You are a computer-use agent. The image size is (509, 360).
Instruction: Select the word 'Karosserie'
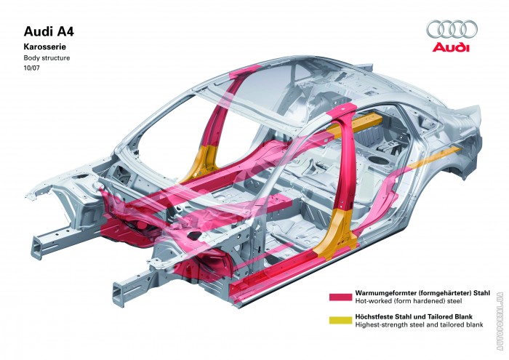coord(46,46)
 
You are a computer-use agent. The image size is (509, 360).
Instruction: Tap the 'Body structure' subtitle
coord(47,57)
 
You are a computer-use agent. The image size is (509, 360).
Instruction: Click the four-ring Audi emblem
coord(452,29)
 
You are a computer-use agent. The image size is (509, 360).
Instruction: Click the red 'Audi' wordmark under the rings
coord(451,49)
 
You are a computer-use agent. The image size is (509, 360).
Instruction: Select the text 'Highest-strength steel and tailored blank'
coord(418,324)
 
